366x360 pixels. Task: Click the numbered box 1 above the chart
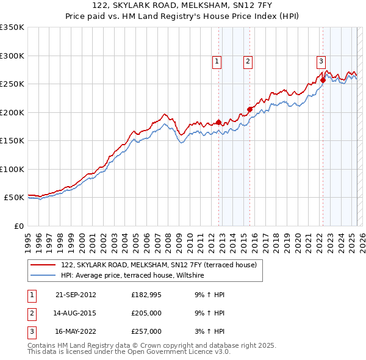(x=217, y=60)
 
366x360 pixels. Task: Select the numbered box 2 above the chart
(x=248, y=60)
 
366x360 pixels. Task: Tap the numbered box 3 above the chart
(x=321, y=60)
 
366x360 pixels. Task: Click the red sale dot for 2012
(x=218, y=121)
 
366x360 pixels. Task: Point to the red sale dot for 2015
(x=249, y=109)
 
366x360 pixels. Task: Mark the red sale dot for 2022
(x=323, y=79)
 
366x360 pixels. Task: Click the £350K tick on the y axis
(x=12, y=27)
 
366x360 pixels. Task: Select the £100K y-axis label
(x=12, y=169)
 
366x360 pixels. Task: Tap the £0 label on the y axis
(x=18, y=226)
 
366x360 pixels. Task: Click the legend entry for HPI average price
(x=132, y=276)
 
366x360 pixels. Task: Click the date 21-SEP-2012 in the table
(x=76, y=295)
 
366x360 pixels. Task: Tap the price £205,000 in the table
(x=146, y=314)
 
